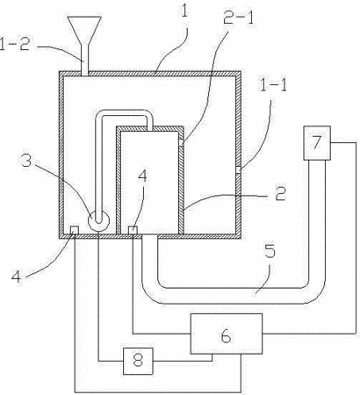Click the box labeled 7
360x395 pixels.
pyautogui.click(x=317, y=143)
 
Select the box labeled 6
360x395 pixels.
pyautogui.click(x=227, y=334)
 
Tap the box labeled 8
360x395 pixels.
pyautogui.click(x=138, y=361)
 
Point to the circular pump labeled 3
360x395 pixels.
pyautogui.click(x=98, y=220)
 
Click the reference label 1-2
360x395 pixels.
pyautogui.click(x=15, y=45)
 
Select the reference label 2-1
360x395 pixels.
pyautogui.click(x=238, y=18)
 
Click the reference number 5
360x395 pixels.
pyautogui.click(x=270, y=251)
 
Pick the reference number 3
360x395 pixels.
pyautogui.click(x=26, y=160)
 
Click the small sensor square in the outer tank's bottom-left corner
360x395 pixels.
pyautogui.click(x=75, y=230)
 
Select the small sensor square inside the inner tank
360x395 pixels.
pyautogui.click(x=133, y=230)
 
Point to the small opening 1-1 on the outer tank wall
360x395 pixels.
pyautogui.click(x=239, y=169)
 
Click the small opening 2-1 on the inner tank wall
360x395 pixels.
pyautogui.click(x=181, y=142)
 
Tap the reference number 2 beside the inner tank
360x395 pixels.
pyautogui.click(x=280, y=193)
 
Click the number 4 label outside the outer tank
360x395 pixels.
pyautogui.click(x=17, y=276)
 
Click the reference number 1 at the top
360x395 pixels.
pyautogui.click(x=184, y=10)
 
